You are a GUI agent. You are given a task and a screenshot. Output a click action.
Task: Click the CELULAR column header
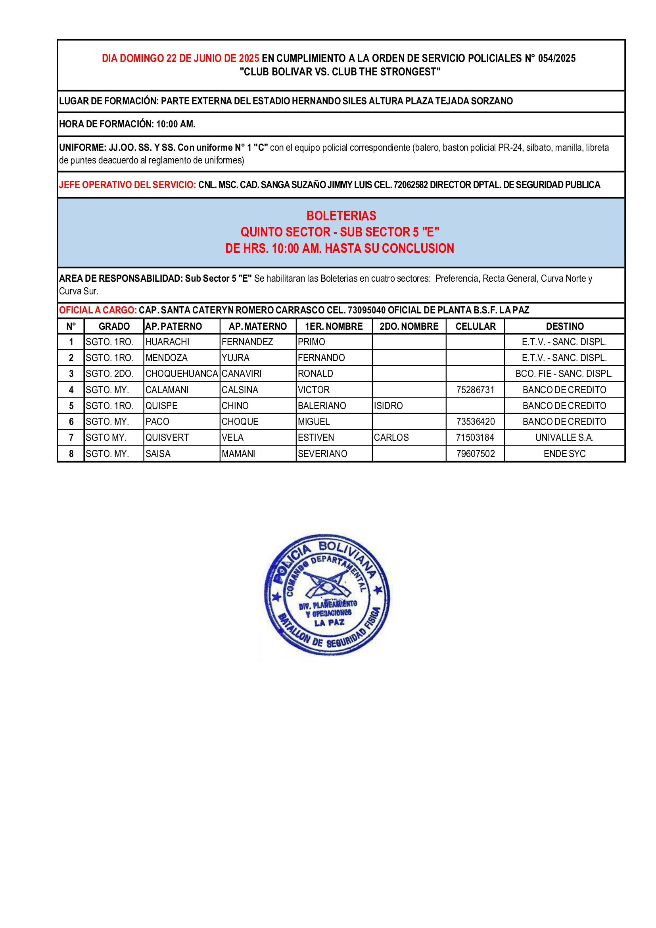(475, 326)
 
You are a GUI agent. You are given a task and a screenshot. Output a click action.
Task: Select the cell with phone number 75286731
(475, 390)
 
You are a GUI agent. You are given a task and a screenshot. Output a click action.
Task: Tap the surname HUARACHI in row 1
(167, 342)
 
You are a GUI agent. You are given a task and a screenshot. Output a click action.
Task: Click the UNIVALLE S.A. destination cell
(564, 437)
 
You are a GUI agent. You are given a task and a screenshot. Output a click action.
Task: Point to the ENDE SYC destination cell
(564, 453)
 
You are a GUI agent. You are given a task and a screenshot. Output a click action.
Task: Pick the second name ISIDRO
(388, 405)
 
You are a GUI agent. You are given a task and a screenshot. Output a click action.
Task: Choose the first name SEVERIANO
(322, 453)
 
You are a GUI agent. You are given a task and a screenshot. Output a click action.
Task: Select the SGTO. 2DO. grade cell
(109, 373)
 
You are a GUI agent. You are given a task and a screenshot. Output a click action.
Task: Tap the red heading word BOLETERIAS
(341, 215)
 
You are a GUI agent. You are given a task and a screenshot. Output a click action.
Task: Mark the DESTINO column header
(564, 326)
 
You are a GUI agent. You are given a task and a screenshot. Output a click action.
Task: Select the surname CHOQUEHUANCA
(181, 373)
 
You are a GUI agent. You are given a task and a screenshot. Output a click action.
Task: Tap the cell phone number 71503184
(475, 437)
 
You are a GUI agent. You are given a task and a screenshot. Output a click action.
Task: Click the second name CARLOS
(391, 437)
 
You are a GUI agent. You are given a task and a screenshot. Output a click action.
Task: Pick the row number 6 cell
(71, 422)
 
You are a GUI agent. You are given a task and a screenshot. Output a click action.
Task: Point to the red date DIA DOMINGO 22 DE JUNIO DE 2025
(180, 58)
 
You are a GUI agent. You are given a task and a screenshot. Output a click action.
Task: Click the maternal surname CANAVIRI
(241, 373)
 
